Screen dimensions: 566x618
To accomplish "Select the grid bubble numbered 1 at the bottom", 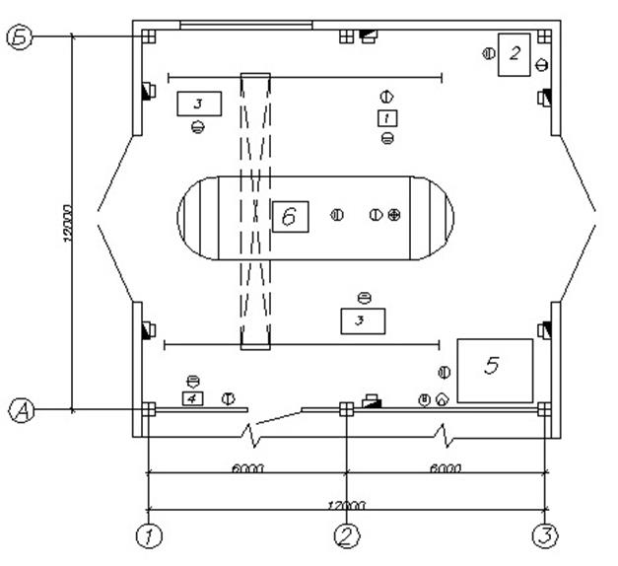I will click(148, 535).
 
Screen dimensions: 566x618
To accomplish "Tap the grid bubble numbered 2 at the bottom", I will click(347, 535).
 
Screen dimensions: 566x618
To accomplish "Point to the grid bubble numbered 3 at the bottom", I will click(545, 535).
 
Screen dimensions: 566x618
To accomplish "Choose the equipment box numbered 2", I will click(515, 54).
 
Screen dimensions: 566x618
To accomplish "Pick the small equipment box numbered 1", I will click(387, 118).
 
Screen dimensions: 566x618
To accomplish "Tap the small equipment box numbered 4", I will click(193, 398).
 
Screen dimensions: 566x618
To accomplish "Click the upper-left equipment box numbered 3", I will click(198, 103).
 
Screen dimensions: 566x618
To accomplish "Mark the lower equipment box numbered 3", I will click(362, 319).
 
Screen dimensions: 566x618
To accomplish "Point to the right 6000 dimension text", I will click(446, 468).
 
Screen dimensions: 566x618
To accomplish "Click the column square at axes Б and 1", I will click(148, 36).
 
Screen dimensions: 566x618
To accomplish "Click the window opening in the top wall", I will click(245, 24).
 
